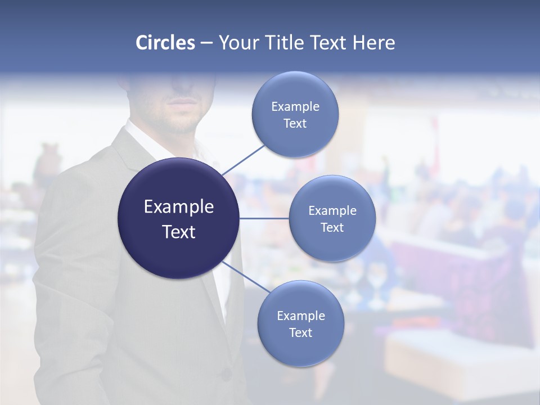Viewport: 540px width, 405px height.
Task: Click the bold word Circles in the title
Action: [x=165, y=43]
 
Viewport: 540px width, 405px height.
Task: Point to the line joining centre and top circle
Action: [x=243, y=160]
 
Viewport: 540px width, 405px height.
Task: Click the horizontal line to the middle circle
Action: [x=264, y=218]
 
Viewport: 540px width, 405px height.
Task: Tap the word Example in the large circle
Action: [x=179, y=207]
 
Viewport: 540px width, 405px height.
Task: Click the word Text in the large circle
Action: [x=179, y=231]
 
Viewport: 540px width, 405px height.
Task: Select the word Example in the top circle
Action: [x=295, y=107]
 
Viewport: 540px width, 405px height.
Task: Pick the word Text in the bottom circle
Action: [x=300, y=332]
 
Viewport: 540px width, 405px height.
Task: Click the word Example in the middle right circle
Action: [x=332, y=211]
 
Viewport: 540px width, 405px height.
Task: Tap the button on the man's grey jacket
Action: [x=226, y=373]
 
